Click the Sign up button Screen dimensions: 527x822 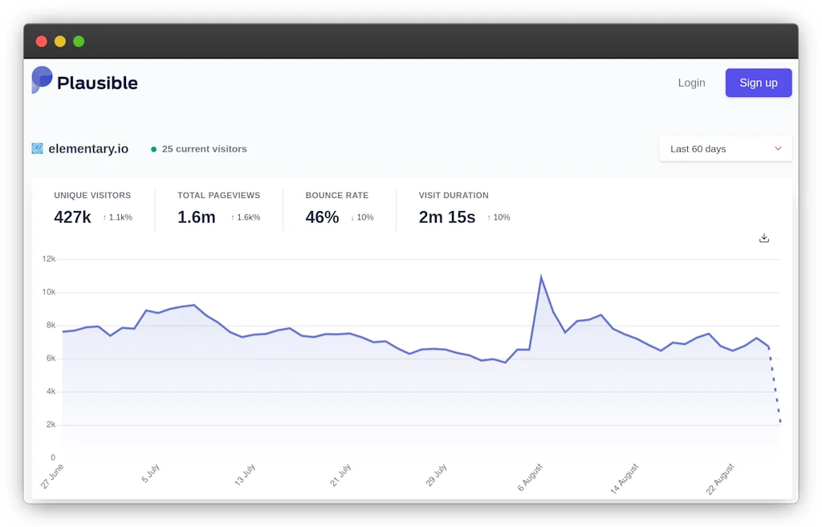[x=758, y=83]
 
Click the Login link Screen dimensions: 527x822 [x=691, y=83]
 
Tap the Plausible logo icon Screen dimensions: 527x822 [x=42, y=80]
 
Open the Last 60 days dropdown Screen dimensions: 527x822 [x=725, y=149]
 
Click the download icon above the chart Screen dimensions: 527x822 [x=763, y=238]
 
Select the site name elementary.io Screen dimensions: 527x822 [x=87, y=149]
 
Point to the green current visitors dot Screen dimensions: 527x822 [x=153, y=149]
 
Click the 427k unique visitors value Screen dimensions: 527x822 [x=72, y=217]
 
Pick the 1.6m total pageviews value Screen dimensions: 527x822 [x=196, y=217]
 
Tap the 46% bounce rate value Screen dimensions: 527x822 [x=322, y=217]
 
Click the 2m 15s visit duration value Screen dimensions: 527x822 [x=446, y=217]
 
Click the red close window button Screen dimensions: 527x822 [x=42, y=42]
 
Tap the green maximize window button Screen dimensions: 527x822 [x=79, y=42]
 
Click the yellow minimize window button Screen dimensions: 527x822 [x=60, y=42]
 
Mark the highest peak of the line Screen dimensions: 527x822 [x=541, y=278]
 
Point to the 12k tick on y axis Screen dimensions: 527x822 [x=49, y=259]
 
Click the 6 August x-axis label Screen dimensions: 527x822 [x=530, y=477]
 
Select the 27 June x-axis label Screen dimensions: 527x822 [x=52, y=476]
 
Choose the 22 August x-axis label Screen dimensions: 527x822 [x=720, y=479]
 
